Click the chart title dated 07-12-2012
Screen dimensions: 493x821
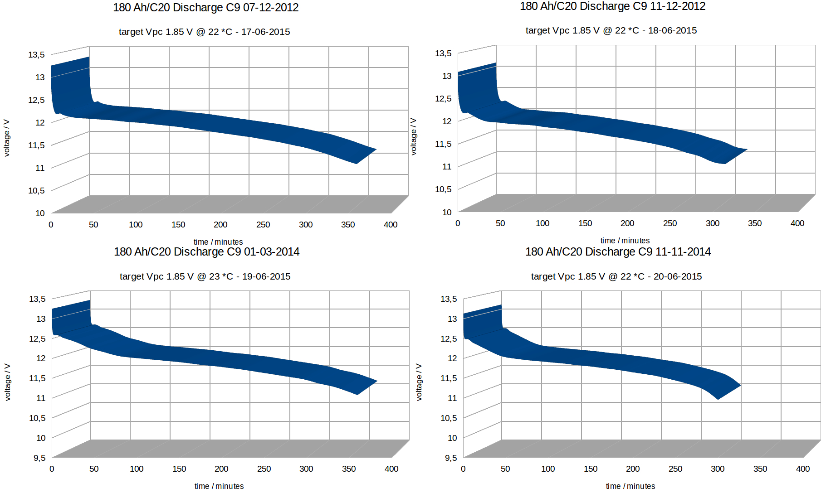tap(205, 8)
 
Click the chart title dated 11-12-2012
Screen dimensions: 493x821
tap(612, 6)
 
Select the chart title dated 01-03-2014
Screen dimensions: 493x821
tap(206, 252)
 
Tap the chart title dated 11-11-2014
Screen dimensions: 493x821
tap(618, 252)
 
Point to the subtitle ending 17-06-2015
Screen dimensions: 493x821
tap(204, 32)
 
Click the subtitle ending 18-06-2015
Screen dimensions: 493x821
tap(611, 30)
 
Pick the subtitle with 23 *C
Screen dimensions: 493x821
tap(205, 276)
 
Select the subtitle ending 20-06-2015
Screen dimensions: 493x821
tap(616, 276)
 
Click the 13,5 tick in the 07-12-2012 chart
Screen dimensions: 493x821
tap(36, 55)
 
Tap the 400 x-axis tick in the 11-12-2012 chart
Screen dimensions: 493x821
tap(797, 223)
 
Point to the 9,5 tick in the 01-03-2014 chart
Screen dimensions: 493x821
tap(39, 458)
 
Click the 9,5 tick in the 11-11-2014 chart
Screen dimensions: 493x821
tap(451, 458)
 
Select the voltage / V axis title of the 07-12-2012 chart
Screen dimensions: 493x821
tap(7, 138)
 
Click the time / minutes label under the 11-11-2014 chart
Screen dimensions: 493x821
tap(630, 486)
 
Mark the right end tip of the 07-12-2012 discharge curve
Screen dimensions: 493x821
tap(376, 150)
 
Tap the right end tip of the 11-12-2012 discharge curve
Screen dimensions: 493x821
tap(746, 150)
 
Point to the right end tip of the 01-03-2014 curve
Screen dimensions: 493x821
tap(376, 382)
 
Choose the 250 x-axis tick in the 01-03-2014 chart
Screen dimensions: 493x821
tap(264, 469)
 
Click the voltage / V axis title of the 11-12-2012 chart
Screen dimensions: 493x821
tap(414, 137)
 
